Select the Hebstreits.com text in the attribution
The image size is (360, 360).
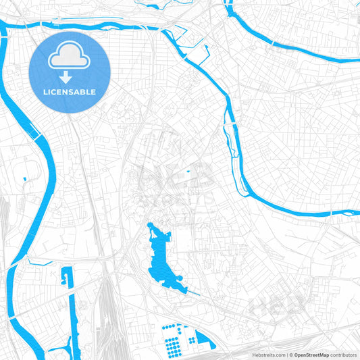click(267, 355)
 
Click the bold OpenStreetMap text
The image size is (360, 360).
click(310, 355)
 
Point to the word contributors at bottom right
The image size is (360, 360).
click(343, 355)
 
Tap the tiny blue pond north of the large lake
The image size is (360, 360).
click(188, 171)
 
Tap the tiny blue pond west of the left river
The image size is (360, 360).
click(24, 178)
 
